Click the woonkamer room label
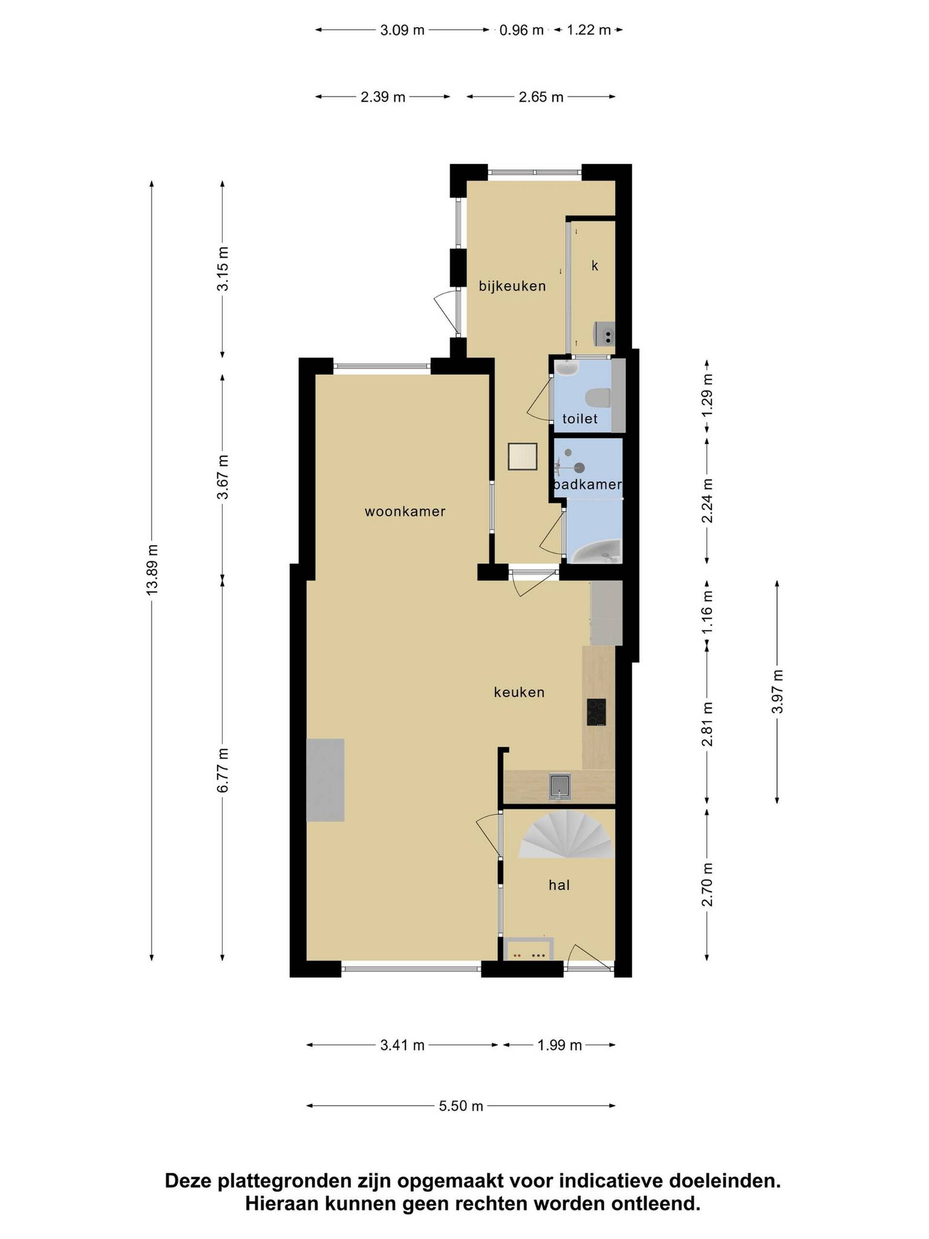(405, 512)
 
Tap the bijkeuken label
(512, 286)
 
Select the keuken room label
(519, 692)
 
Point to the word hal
(559, 885)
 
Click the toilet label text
(580, 419)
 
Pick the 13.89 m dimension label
(152, 569)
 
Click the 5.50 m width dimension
(460, 1106)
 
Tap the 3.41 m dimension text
(402, 1045)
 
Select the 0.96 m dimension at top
(521, 30)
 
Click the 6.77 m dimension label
(223, 770)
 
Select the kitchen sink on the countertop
(559, 786)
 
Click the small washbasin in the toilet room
(567, 368)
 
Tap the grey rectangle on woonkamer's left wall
(325, 780)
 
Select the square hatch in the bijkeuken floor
(523, 456)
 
